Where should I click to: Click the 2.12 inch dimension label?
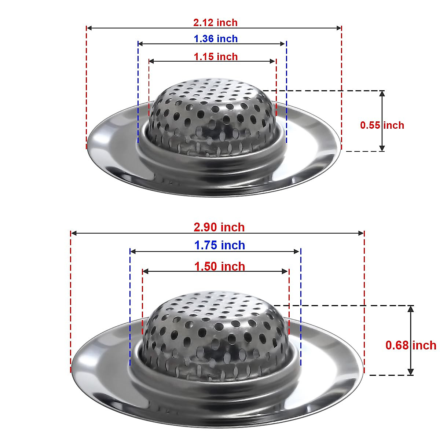[215, 23]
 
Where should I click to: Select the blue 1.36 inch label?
[216, 39]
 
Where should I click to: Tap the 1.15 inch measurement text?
[216, 57]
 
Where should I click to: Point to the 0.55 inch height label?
[382, 125]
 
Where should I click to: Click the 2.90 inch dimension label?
[219, 227]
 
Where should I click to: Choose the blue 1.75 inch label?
[220, 245]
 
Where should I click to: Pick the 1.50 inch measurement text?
[220, 267]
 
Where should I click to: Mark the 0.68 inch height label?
[411, 345]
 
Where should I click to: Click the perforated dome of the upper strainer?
[213, 110]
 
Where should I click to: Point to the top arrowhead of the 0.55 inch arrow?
[382, 93]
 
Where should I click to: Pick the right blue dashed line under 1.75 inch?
[300, 308]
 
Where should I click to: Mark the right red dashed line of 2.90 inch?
[364, 301]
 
